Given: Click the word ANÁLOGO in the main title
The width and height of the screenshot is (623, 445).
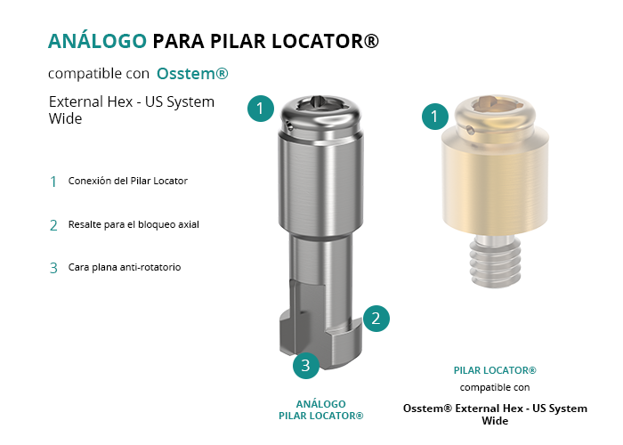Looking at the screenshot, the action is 97,41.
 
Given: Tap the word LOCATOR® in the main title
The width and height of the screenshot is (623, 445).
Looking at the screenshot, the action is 326,41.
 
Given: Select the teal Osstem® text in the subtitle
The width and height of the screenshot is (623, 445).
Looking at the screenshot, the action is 192,74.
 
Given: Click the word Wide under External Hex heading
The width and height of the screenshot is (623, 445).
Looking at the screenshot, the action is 65,118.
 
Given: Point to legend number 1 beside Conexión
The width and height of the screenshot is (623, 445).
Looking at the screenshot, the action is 53,182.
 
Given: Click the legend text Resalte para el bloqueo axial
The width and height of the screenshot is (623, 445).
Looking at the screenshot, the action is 133,224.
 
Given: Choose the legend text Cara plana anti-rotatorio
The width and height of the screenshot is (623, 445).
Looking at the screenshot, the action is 125,267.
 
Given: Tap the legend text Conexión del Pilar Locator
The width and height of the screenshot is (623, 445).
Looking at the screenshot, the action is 127,181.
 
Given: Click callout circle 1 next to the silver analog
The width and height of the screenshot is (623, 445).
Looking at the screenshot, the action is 260,108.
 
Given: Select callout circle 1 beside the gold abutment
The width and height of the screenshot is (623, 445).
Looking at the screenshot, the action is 434,116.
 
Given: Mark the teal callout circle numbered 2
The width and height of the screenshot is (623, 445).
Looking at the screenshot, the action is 376,319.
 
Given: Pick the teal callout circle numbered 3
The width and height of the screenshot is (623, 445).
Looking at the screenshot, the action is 306,365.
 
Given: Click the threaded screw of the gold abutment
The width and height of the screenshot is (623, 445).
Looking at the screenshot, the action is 495,260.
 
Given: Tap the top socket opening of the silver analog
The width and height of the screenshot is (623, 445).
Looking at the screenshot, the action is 320,103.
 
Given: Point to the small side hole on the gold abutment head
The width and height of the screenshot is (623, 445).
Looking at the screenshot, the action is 471,130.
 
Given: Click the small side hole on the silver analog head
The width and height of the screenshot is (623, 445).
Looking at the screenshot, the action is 290,126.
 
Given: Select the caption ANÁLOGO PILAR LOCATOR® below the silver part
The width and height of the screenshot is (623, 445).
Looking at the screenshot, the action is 321,409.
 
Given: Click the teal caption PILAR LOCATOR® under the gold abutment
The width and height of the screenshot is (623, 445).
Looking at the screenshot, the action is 495,370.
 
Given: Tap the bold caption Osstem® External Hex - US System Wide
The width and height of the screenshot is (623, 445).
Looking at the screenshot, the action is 495,414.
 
